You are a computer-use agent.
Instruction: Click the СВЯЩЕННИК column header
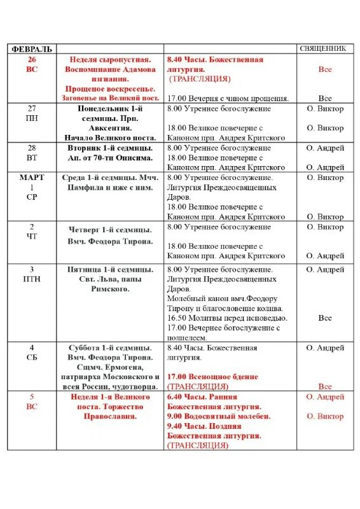[322, 48]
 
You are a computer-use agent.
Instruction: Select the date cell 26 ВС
[32, 64]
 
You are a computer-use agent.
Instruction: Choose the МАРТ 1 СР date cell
[32, 187]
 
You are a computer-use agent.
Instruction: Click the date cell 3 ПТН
[32, 274]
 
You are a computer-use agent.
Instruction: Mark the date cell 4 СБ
[32, 353]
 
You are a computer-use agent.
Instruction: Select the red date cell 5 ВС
[32, 401]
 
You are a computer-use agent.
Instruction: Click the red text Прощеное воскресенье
[110, 88]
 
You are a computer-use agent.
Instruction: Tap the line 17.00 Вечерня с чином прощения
[228, 99]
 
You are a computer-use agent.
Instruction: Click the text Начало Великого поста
[109, 137]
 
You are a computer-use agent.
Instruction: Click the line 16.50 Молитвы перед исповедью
[227, 318]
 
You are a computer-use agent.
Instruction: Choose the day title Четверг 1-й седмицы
[110, 230]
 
